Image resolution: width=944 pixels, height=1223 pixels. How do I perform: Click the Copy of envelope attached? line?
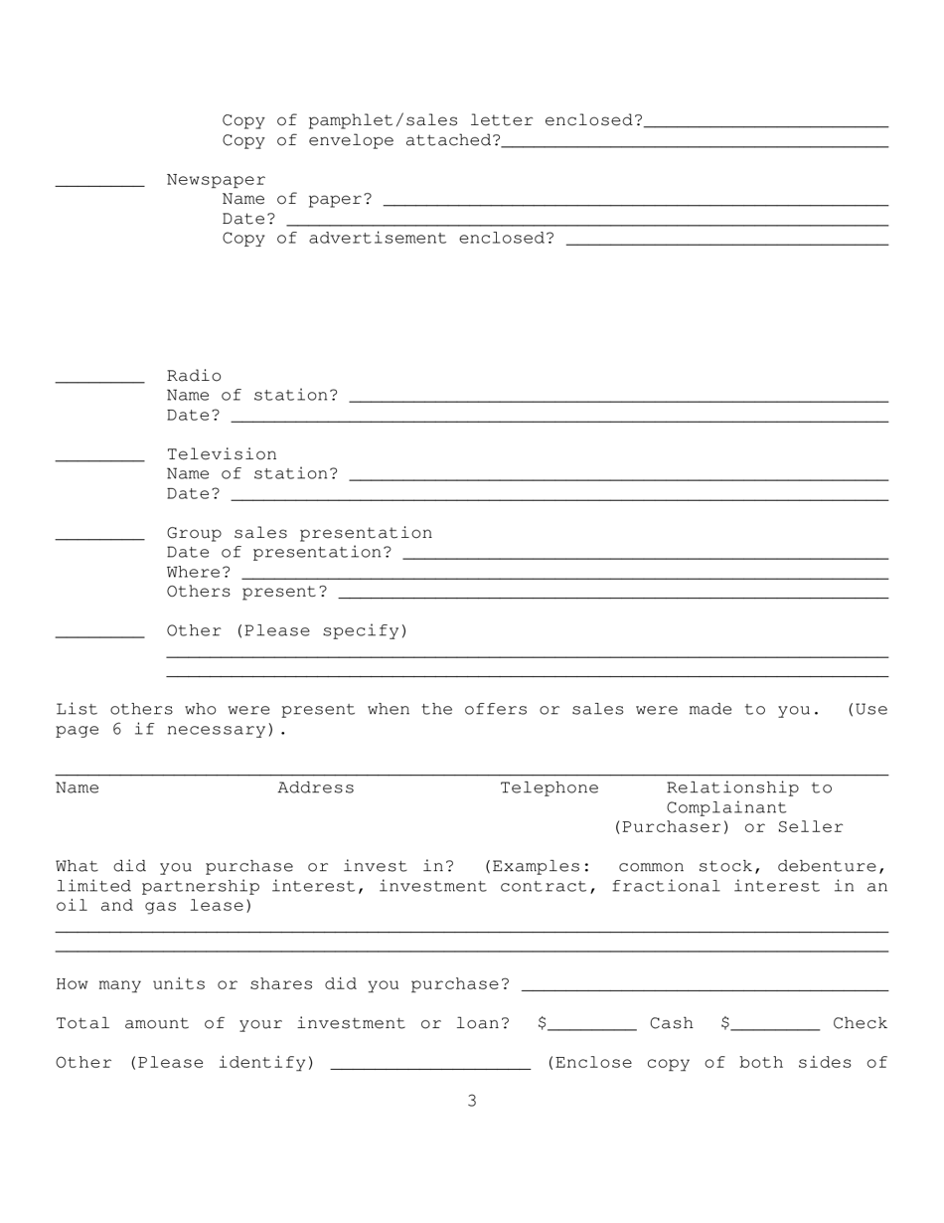click(x=695, y=144)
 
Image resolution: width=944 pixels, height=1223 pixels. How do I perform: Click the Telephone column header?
click(x=550, y=787)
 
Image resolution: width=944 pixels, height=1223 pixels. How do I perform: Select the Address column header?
click(x=316, y=787)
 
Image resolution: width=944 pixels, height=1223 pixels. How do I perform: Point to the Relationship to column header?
click(x=749, y=787)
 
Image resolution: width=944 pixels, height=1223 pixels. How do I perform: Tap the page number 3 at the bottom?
click(x=472, y=1101)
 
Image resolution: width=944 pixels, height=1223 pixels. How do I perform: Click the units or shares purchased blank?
click(x=704, y=987)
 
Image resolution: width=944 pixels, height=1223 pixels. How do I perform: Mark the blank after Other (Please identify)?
click(x=430, y=1067)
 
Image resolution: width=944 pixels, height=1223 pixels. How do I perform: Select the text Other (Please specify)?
click(x=287, y=630)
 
